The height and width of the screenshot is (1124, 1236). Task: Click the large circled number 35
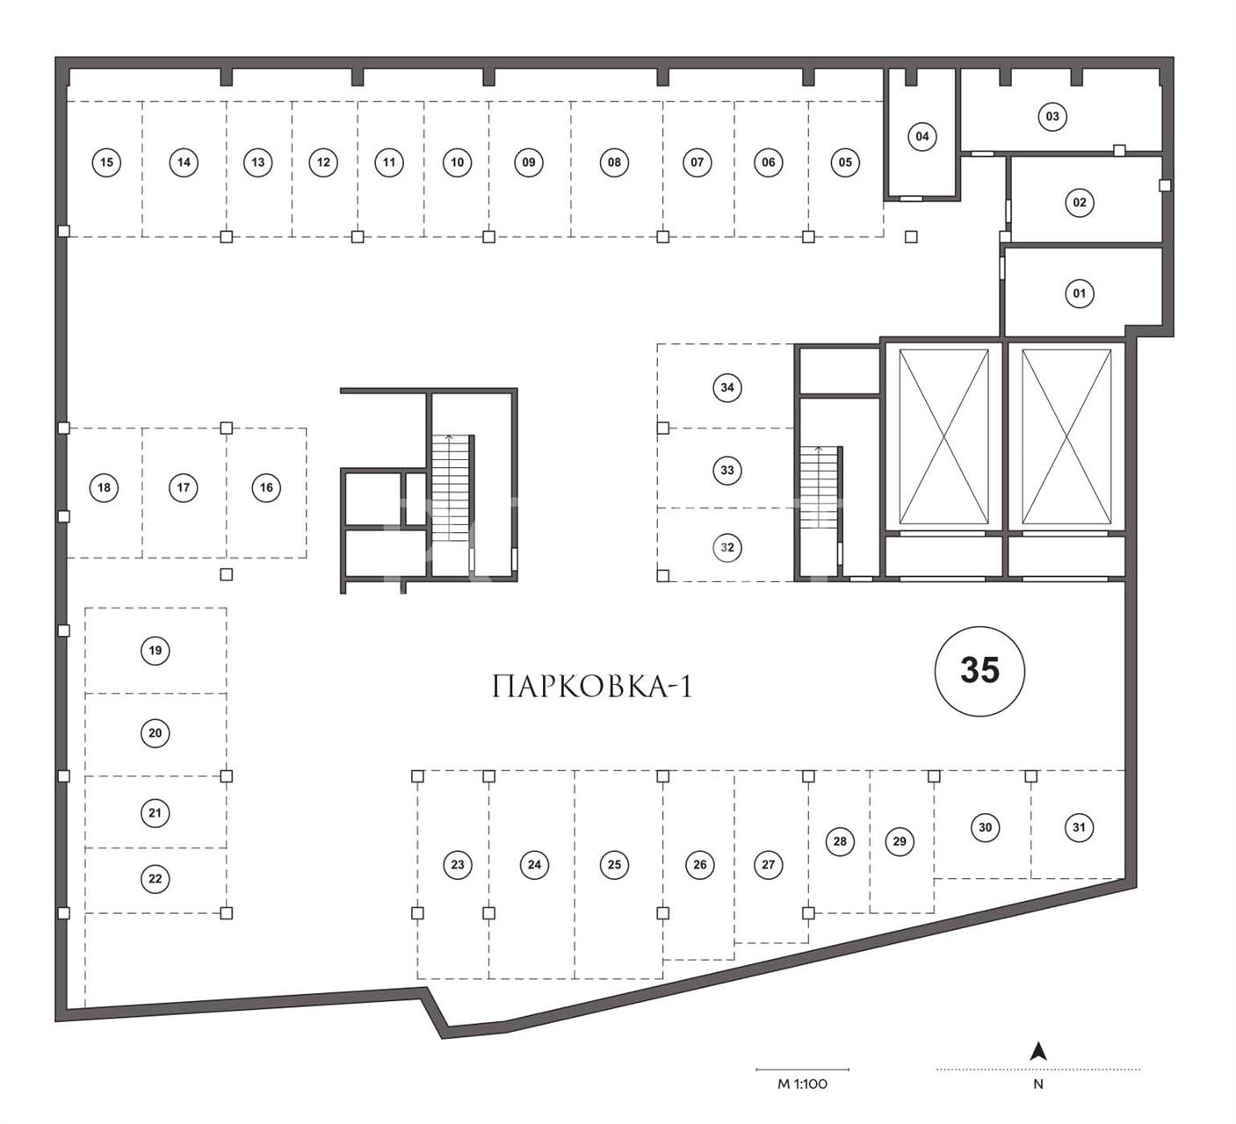(x=979, y=671)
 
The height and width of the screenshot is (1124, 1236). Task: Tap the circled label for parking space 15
(x=106, y=162)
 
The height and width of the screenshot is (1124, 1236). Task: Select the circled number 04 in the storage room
(x=922, y=137)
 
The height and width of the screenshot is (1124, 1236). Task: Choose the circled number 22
(x=155, y=879)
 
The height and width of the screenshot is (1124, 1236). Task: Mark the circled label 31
(x=1079, y=828)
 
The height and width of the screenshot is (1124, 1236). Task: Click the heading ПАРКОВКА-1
(x=592, y=687)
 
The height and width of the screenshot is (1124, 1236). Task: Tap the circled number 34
(x=727, y=388)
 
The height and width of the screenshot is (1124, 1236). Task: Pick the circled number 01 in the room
(x=1080, y=294)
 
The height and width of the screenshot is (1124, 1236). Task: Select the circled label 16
(x=266, y=487)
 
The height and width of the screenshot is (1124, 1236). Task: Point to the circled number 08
(x=614, y=162)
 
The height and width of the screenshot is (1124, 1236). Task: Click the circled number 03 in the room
(x=1052, y=117)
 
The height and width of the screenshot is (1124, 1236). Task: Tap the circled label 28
(x=840, y=841)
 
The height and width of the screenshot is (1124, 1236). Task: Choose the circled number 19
(x=155, y=651)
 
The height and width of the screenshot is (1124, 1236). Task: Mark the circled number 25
(x=614, y=865)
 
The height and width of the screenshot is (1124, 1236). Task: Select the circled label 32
(x=727, y=548)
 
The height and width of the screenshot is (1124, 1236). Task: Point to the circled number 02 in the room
(x=1080, y=203)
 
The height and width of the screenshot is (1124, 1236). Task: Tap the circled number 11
(x=389, y=162)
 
